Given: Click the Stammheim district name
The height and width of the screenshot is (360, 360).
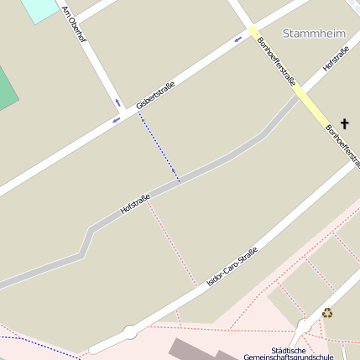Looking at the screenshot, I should pyautogui.click(x=314, y=34).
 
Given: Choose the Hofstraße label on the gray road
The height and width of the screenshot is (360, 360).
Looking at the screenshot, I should pyautogui.click(x=135, y=203).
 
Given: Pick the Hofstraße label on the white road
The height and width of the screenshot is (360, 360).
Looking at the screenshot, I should pyautogui.click(x=337, y=60).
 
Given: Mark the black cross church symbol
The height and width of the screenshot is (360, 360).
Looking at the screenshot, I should pyautogui.click(x=344, y=123).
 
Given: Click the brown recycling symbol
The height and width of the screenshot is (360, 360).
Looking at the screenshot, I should pyautogui.click(x=327, y=313).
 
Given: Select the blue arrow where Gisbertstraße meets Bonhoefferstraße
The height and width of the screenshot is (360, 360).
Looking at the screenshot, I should pyautogui.click(x=238, y=39).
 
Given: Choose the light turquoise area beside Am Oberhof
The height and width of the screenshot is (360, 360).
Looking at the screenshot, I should pyautogui.click(x=37, y=8).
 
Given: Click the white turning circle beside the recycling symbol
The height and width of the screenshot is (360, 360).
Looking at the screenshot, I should pyautogui.click(x=304, y=325).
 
